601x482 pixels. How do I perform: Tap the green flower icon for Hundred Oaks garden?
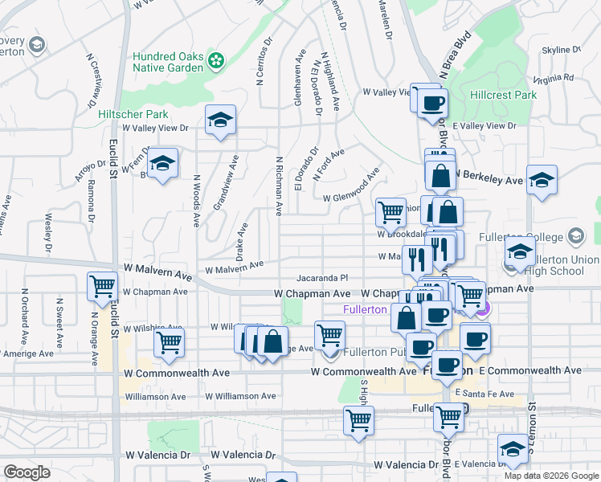(215, 59)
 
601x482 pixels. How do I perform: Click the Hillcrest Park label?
(503, 95)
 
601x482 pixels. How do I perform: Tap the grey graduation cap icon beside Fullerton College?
(575, 236)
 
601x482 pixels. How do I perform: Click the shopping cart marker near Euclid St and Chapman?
(103, 285)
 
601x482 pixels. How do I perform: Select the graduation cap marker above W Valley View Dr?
(220, 119)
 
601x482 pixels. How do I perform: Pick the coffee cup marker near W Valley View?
(433, 102)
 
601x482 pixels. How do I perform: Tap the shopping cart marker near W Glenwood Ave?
(390, 212)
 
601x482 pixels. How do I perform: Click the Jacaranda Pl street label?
(325, 276)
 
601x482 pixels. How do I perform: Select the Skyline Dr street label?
(561, 50)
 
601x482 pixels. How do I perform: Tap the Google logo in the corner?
(27, 472)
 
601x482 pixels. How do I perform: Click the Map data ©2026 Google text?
(551, 476)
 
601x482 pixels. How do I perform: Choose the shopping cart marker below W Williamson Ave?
(358, 419)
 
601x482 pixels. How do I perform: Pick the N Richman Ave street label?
(279, 186)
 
